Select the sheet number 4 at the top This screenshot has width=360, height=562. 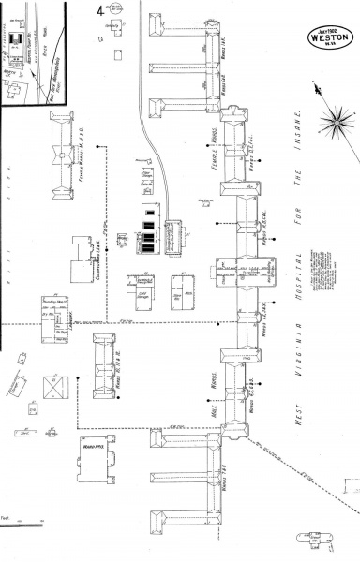click(100, 11)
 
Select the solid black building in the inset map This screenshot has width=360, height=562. click(16, 38)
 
